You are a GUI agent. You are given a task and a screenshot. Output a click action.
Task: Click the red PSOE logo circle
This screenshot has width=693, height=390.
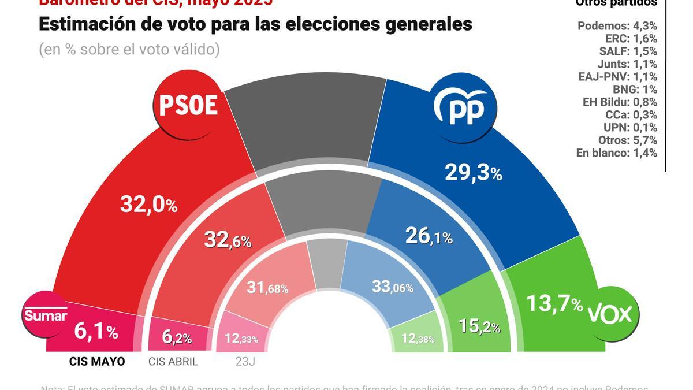tap(188, 106)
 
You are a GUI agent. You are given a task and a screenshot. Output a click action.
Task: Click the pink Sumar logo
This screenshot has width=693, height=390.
tap(45, 315)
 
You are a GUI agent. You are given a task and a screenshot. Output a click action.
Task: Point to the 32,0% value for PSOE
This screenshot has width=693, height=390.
tap(148, 204)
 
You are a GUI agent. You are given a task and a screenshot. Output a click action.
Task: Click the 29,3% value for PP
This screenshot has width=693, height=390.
tap(472, 172)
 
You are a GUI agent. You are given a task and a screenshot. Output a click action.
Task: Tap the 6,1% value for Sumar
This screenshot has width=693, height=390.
tap(96, 331)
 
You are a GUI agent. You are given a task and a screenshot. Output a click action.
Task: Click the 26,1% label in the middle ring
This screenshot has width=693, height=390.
tap(429, 236)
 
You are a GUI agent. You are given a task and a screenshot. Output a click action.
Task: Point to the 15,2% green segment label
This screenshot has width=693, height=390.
tap(479, 326)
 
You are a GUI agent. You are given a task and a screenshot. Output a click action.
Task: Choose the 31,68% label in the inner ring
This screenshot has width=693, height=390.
tap(267, 287)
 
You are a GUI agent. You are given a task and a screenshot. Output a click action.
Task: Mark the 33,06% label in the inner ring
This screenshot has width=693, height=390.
tap(392, 286)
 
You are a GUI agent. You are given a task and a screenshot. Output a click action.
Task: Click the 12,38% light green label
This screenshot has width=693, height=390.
tap(417, 339)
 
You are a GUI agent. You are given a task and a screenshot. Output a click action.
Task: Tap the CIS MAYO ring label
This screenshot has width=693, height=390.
tap(96, 362)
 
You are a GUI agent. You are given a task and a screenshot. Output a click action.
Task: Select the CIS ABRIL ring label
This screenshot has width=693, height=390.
tap(173, 362)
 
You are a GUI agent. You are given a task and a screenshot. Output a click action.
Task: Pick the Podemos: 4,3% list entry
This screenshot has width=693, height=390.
tap(617, 26)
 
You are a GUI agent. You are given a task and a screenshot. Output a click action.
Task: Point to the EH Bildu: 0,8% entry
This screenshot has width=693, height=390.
tap(620, 102)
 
